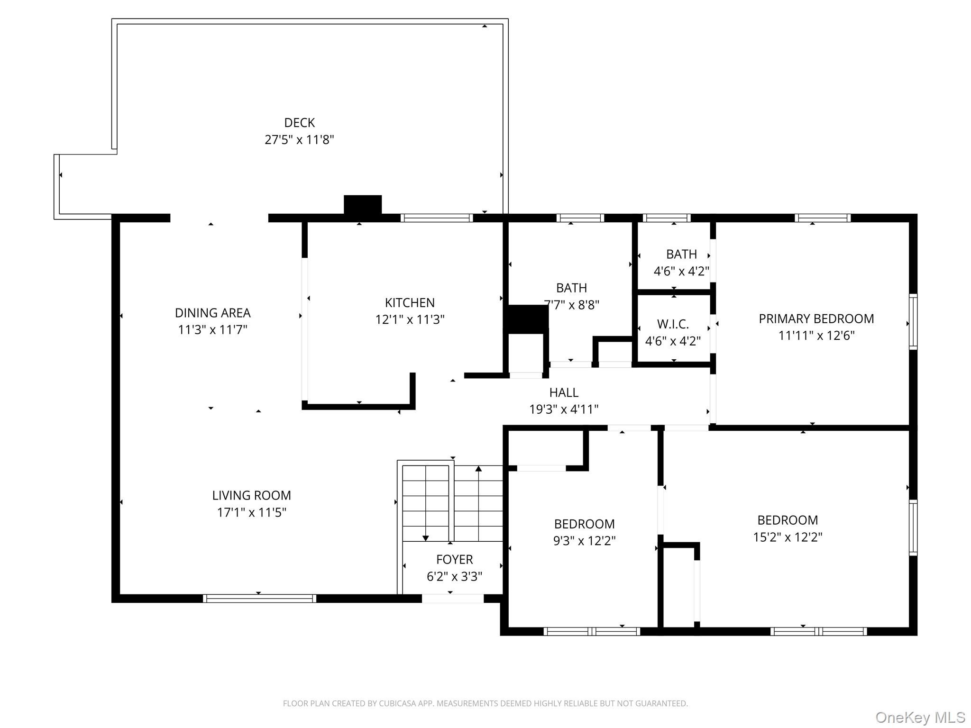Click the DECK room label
299,123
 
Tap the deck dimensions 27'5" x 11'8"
299,140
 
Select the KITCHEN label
410,302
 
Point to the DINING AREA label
212,313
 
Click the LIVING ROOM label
251,495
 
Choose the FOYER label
454,559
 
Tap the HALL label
564,392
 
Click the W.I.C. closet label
673,324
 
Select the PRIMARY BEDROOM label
816,318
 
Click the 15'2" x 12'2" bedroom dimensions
788,537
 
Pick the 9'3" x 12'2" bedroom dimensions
584,541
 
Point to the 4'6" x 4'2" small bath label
681,271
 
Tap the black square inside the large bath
528,319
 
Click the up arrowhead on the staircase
478,469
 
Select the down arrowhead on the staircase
426,538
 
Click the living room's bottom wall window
259,598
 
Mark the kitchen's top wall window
437,218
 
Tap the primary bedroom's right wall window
913,322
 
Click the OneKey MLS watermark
920,718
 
